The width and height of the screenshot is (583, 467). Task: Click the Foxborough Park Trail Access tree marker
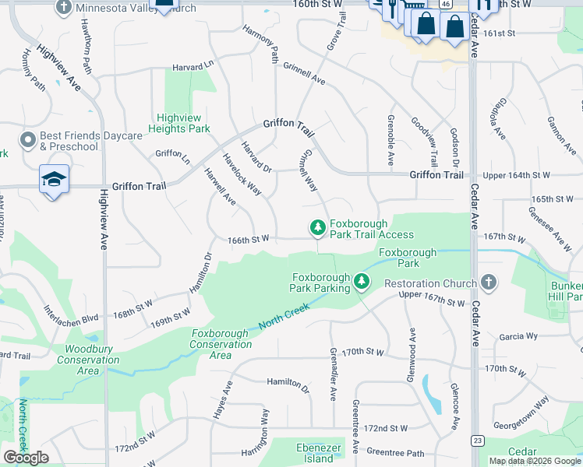point(317,227)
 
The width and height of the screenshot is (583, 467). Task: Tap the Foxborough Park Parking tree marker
point(361,280)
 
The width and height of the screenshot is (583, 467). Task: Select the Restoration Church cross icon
point(488,282)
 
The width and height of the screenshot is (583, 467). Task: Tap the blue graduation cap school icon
point(54,179)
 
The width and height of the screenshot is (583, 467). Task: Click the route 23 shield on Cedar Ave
point(476,441)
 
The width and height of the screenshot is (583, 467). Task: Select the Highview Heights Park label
point(180,122)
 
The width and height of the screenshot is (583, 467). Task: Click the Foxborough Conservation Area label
point(220,344)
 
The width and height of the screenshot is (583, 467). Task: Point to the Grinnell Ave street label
point(304,74)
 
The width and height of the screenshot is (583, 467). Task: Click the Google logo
point(26,458)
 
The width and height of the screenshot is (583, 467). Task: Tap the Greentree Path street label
point(395,452)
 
